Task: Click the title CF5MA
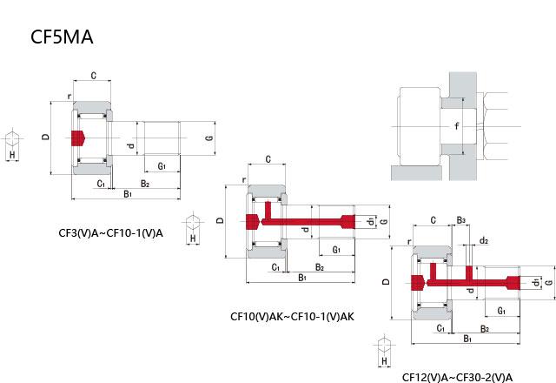(61, 37)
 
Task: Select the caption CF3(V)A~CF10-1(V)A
(110, 232)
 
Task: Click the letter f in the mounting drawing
(457, 127)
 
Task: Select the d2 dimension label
(483, 240)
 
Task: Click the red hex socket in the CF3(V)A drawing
(79, 138)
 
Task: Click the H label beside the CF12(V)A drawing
(383, 361)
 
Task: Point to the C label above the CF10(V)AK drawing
(268, 159)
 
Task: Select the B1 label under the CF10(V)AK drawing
(302, 278)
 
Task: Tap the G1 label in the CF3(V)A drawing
(162, 165)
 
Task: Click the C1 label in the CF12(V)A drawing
(441, 328)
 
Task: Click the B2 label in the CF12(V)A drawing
(484, 328)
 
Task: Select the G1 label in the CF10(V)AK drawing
(336, 250)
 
